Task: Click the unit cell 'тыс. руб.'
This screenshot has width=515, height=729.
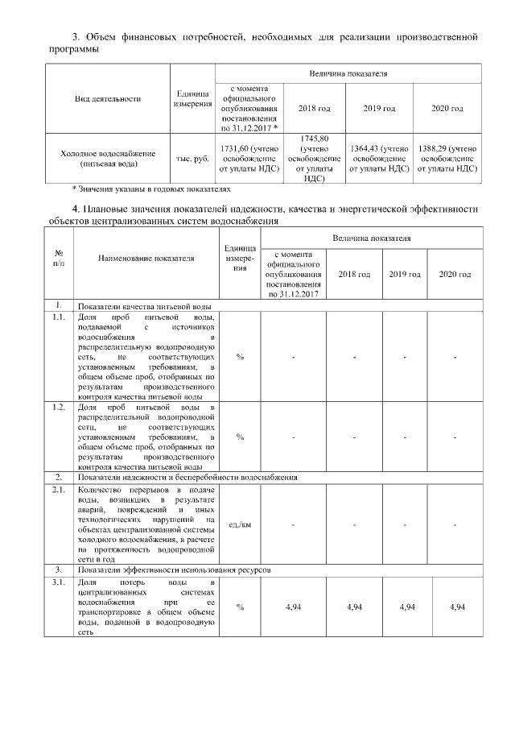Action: point(192,159)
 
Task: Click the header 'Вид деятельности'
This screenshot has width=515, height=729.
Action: point(107,99)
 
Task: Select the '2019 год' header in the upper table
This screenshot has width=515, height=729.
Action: point(378,108)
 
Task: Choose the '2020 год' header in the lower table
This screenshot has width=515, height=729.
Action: point(455,275)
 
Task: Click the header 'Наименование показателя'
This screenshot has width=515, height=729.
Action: point(146,259)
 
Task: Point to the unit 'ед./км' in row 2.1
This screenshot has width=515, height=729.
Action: point(240,525)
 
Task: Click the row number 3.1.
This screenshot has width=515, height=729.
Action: point(58,581)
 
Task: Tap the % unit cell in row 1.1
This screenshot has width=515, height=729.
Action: point(240,357)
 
